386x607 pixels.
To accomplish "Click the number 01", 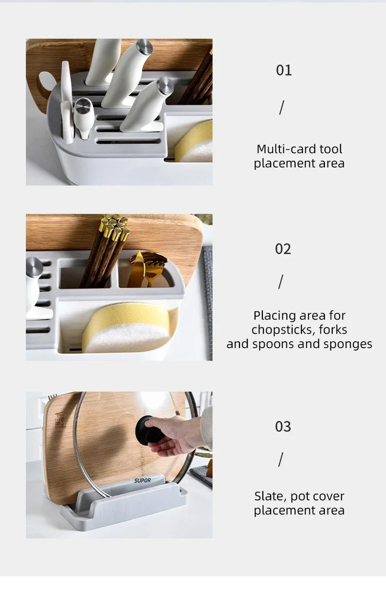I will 284,70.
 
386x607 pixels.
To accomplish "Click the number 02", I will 283,249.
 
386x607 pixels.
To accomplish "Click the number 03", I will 283,426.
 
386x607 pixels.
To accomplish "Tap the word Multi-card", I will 285,149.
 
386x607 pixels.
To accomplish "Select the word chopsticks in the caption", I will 279,330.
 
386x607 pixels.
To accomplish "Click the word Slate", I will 267,496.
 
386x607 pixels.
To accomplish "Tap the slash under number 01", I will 282,107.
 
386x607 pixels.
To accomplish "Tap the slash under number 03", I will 281,460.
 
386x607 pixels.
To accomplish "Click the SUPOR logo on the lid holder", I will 142,481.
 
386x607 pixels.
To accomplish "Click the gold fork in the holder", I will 151,266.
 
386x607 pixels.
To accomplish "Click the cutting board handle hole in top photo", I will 47,81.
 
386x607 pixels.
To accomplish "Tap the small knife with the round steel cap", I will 83,117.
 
